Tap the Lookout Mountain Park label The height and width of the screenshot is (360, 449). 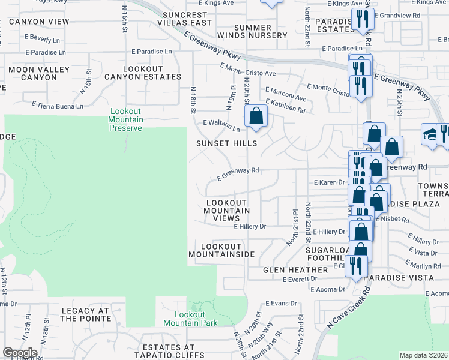click(x=196, y=319)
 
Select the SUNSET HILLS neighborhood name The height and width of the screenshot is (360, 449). click(x=227, y=143)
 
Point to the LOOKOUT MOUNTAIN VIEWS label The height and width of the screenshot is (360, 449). click(x=226, y=210)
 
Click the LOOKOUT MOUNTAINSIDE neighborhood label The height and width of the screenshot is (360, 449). click(x=221, y=250)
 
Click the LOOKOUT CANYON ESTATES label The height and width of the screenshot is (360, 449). click(x=143, y=73)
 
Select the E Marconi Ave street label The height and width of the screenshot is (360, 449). click(x=286, y=94)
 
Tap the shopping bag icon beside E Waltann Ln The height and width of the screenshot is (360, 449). click(x=256, y=116)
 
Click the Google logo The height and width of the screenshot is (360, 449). click(x=20, y=353)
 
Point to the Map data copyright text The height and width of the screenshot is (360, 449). click(x=424, y=355)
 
